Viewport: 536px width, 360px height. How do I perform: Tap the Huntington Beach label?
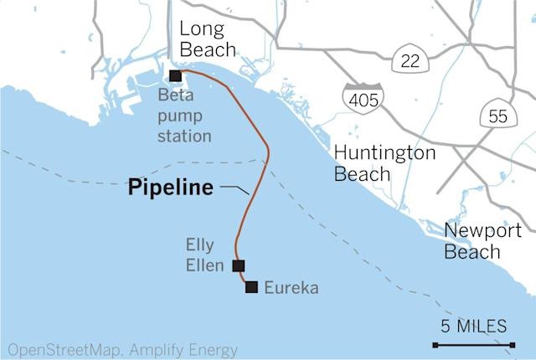pyautogui.click(x=384, y=163)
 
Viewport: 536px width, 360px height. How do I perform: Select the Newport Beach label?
pyautogui.click(x=483, y=241)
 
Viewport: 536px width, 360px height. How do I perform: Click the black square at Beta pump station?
pyautogui.click(x=175, y=76)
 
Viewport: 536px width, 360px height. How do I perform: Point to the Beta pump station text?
pyautogui.click(x=184, y=115)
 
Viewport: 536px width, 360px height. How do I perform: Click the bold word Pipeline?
pyautogui.click(x=171, y=188)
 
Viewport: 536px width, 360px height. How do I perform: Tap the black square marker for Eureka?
pyautogui.click(x=250, y=287)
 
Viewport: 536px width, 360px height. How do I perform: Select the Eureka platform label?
pyautogui.click(x=291, y=289)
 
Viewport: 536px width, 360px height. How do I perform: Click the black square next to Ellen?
pyautogui.click(x=238, y=266)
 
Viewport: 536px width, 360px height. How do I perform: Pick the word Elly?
pyautogui.click(x=200, y=246)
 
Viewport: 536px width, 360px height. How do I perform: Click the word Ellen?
pyautogui.click(x=204, y=267)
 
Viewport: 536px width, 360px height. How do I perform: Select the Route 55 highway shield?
pyautogui.click(x=497, y=116)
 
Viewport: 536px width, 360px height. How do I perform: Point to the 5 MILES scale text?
pyautogui.click(x=473, y=326)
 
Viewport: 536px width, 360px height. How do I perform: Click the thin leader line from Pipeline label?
pyautogui.click(x=235, y=189)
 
